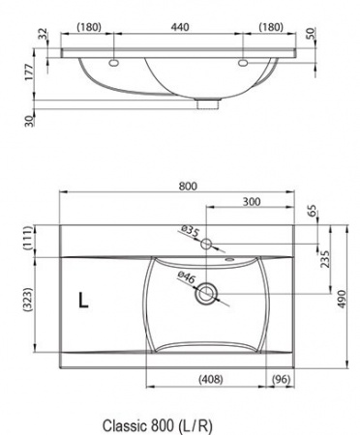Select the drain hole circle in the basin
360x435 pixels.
coord(206,295)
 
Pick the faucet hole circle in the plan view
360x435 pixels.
coord(206,244)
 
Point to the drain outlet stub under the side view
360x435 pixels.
coord(205,102)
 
